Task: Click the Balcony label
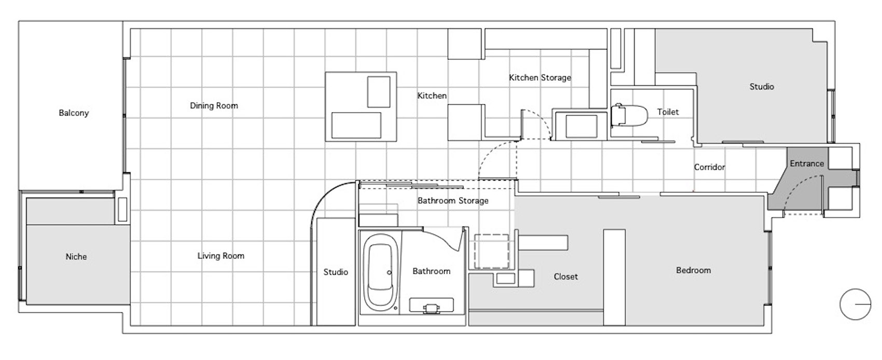click(74, 113)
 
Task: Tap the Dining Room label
click(214, 106)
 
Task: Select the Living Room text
click(221, 256)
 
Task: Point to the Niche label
click(76, 257)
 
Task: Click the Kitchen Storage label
click(540, 78)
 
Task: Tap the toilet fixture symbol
click(629, 115)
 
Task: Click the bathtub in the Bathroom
click(380, 272)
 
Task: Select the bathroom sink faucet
click(432, 309)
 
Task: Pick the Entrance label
click(807, 164)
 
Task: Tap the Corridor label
click(709, 168)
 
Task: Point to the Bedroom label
click(693, 271)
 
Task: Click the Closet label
click(566, 277)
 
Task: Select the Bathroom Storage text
click(453, 201)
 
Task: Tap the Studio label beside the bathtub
click(336, 272)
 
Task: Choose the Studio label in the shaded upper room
click(762, 87)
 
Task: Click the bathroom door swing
click(443, 238)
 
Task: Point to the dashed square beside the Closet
click(491, 251)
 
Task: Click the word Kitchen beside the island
click(432, 96)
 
